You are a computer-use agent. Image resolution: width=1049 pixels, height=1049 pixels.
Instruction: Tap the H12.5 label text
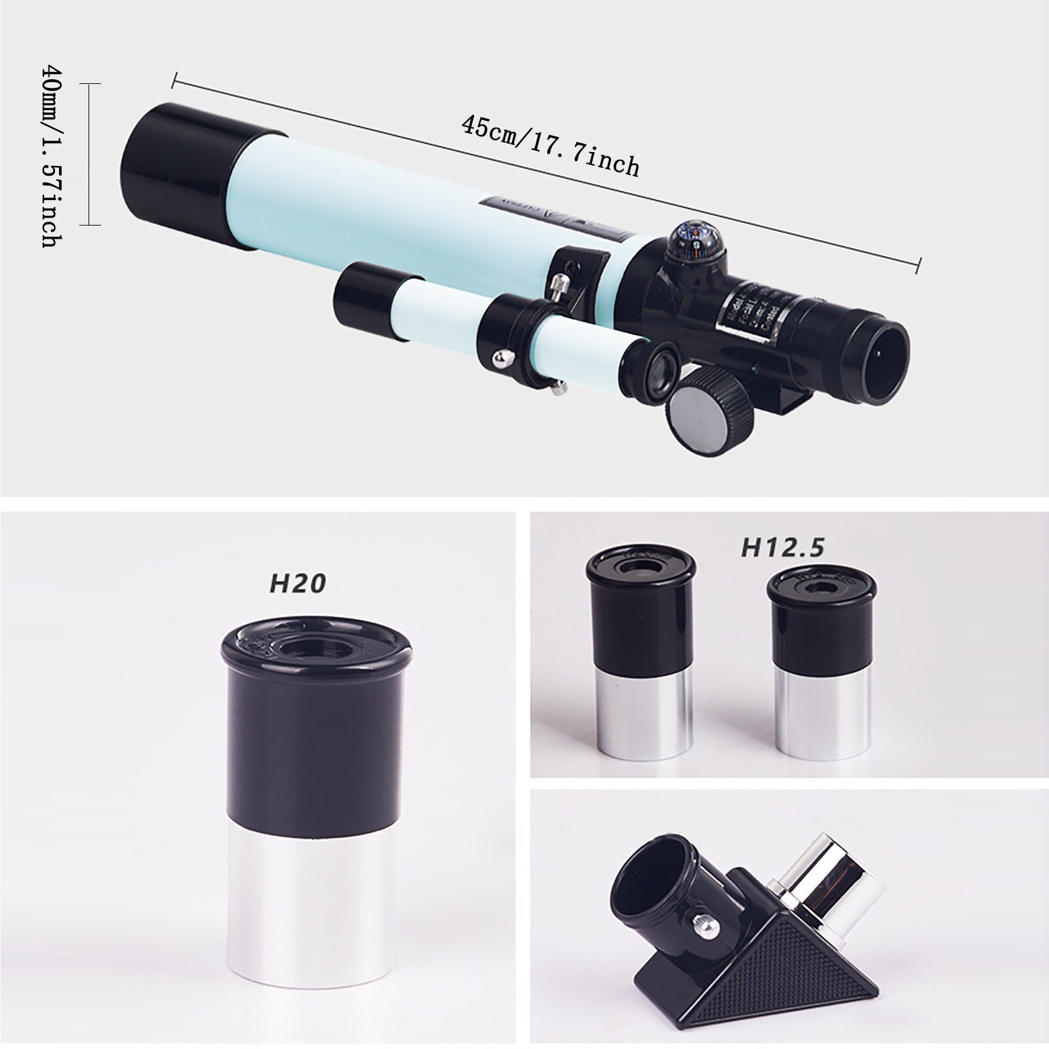pos(782,547)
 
